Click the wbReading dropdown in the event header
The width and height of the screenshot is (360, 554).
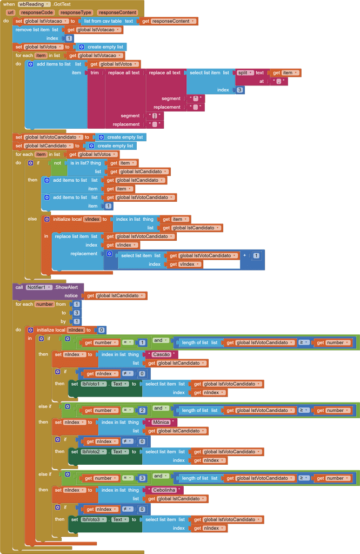pos(34,4)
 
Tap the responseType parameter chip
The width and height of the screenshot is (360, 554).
pos(76,12)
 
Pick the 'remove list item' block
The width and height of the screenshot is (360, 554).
pos(32,30)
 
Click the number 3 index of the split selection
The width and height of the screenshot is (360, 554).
pos(239,90)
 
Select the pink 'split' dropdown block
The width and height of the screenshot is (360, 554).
pos(245,73)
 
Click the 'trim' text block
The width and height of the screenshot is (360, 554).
pos(95,73)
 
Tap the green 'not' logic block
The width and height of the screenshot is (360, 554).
pos(57,163)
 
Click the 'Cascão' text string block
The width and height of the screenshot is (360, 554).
pos(162,354)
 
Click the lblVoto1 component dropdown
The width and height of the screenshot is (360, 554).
pos(94,384)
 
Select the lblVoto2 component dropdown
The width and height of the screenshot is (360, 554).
pos(94,452)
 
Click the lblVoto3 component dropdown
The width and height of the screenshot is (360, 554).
pos(94,519)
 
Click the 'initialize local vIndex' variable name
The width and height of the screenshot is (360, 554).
pos(92,219)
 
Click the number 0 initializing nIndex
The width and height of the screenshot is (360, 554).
pos(101,330)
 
